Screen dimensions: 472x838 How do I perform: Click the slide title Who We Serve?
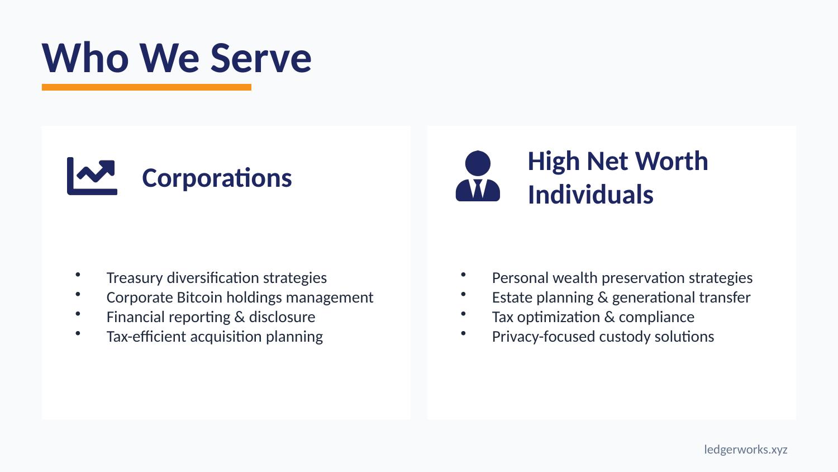[177, 58]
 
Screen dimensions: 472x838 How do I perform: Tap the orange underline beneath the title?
[146, 87]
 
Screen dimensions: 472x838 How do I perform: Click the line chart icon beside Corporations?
[92, 176]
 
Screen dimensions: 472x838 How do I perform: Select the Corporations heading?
[217, 178]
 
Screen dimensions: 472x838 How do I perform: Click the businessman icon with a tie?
[478, 176]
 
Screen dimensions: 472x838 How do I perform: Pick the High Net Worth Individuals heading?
[617, 178]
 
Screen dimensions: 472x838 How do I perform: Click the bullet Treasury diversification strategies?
[216, 278]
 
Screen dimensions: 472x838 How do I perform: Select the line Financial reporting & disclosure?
[211, 317]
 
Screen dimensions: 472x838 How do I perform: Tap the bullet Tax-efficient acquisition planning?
[215, 337]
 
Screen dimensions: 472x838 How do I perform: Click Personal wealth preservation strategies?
[622, 278]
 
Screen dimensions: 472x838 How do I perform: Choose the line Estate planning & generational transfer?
[621, 298]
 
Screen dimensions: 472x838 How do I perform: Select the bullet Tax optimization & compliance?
[593, 317]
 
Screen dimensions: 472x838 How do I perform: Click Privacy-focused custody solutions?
[603, 337]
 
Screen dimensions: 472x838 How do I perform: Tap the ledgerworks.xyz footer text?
[745, 450]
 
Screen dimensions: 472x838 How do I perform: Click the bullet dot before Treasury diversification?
[78, 275]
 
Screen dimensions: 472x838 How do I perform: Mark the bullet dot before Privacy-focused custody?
[464, 333]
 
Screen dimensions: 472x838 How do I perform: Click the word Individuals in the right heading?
[591, 195]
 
